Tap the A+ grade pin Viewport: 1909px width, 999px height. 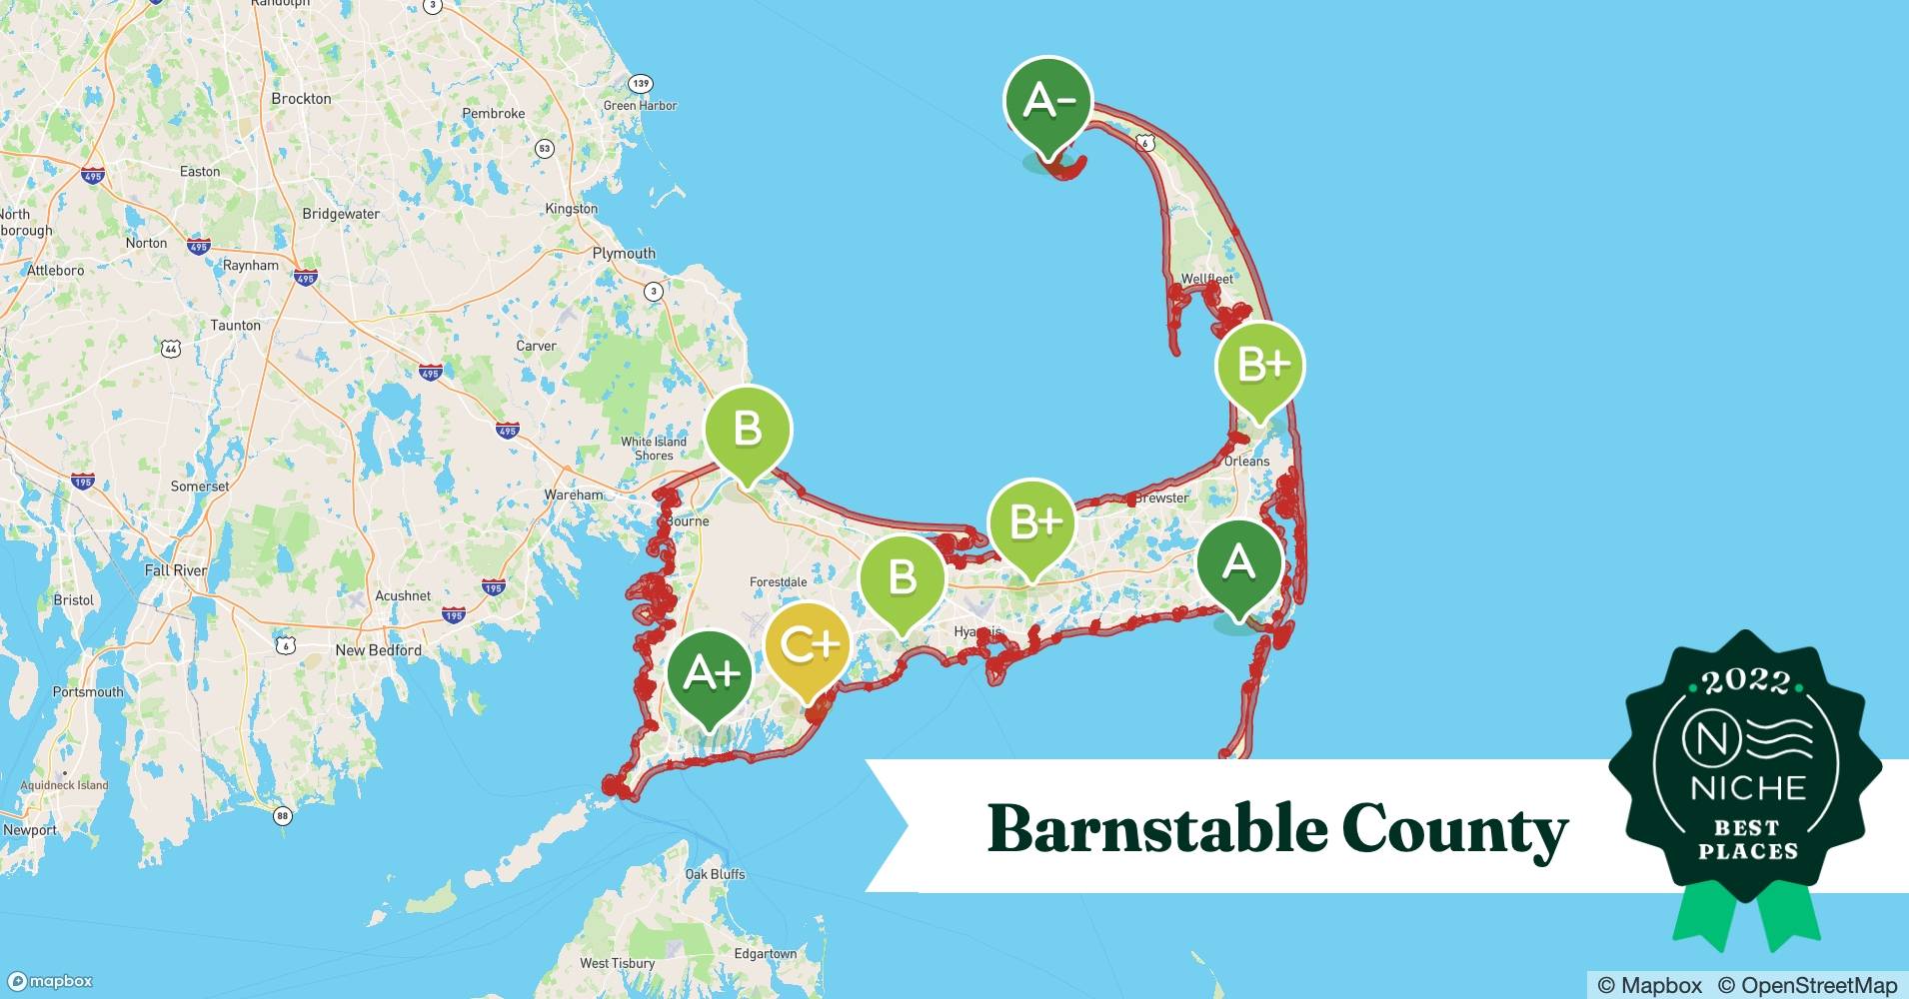click(711, 674)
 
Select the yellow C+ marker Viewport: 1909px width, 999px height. click(808, 645)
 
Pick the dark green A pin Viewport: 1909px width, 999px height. click(1239, 562)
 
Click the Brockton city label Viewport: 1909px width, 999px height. click(301, 99)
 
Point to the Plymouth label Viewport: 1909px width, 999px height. click(624, 253)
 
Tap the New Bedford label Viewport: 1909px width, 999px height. click(378, 650)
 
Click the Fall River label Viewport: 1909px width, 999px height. click(176, 570)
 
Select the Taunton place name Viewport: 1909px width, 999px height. click(235, 325)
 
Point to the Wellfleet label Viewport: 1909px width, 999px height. click(1206, 279)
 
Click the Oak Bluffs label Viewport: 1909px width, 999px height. click(715, 874)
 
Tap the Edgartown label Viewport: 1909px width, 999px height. click(766, 953)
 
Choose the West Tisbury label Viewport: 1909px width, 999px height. click(617, 963)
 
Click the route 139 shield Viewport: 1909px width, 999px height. click(640, 84)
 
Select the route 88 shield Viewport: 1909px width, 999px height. click(283, 816)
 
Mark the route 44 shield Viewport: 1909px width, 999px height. click(171, 349)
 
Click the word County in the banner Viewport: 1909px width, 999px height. click(1454, 830)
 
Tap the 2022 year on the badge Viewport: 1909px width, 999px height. click(1746, 682)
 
